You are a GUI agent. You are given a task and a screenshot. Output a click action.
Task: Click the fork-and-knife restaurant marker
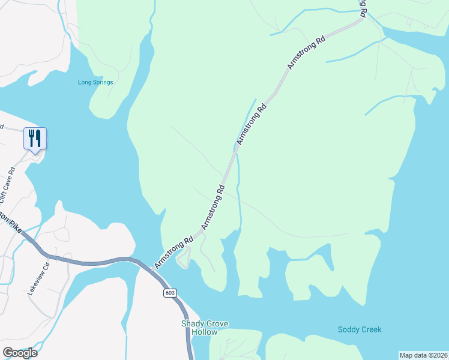(x=35, y=139)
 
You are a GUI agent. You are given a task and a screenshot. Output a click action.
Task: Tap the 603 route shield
(x=170, y=292)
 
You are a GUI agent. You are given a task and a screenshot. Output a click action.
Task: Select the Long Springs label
(x=95, y=82)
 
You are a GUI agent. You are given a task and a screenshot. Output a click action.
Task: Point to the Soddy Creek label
(x=360, y=329)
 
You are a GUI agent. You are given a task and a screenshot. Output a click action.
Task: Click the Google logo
(x=20, y=352)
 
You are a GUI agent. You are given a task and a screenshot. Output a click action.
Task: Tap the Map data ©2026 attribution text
(x=424, y=355)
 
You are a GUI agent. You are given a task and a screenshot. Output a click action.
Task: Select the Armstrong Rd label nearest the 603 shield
(x=173, y=251)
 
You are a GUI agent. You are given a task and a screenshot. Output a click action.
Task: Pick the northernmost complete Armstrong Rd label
(x=306, y=52)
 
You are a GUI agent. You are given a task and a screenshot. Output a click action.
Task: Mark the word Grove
(x=217, y=324)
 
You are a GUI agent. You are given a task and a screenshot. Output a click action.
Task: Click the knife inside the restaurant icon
(x=38, y=138)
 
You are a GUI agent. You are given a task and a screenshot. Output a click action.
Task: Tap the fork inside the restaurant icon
(x=31, y=138)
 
